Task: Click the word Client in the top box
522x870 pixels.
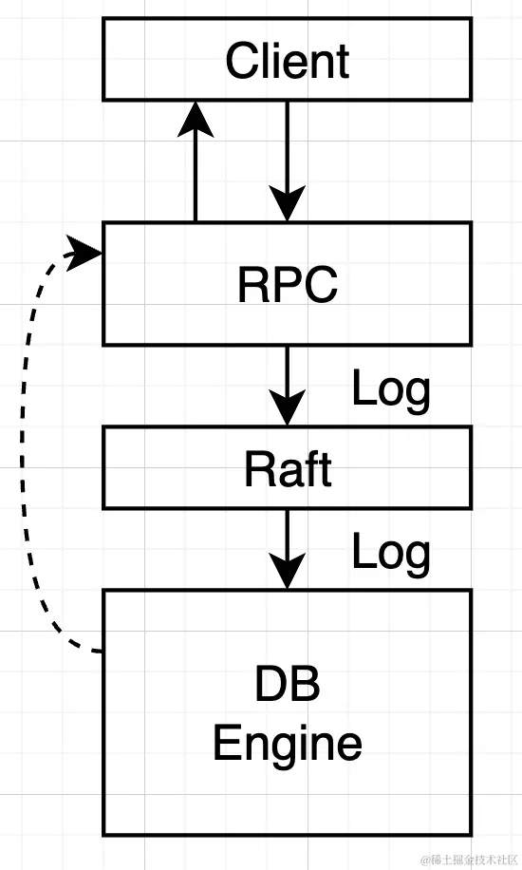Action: [287, 62]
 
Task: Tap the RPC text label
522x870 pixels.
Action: [287, 284]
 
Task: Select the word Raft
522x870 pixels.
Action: [287, 469]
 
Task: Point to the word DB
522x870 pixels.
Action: [287, 687]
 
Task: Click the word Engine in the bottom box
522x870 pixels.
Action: [287, 743]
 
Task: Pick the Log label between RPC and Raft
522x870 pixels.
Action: [391, 388]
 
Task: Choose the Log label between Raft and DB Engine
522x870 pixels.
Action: [391, 552]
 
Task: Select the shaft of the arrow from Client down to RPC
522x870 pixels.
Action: [288, 142]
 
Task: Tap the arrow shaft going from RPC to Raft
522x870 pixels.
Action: [288, 370]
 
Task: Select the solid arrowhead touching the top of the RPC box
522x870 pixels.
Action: [288, 204]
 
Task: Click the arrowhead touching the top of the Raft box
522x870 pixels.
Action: [288, 409]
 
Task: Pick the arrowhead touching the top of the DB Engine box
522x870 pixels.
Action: [288, 573]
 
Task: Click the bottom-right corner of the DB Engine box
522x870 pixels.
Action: [471, 835]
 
